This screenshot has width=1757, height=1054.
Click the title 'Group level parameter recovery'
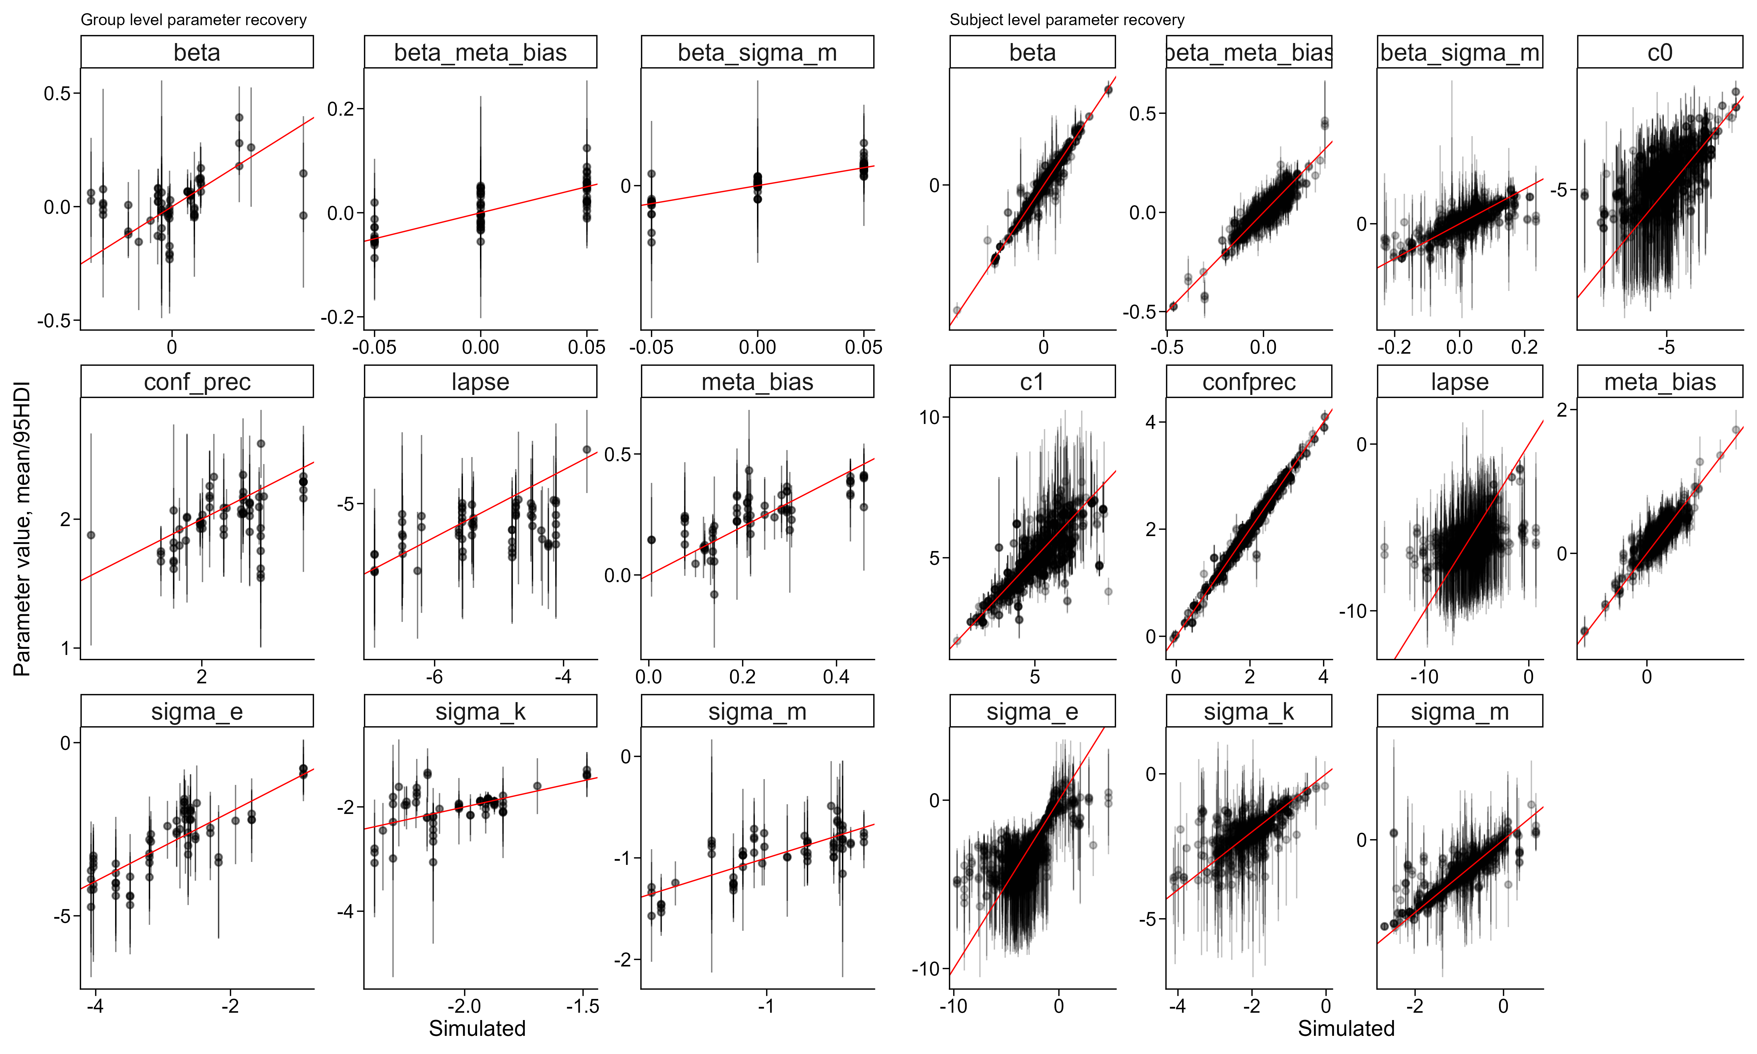[193, 20]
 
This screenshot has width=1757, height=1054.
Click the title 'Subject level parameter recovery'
[1067, 20]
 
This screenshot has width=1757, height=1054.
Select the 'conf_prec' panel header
[197, 382]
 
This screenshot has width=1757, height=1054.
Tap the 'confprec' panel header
[1249, 382]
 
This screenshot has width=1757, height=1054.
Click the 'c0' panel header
[1660, 53]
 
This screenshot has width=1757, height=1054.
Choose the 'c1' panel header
[1032, 382]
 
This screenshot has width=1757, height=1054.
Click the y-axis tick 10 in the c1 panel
[930, 418]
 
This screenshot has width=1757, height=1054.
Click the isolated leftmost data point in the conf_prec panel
[91, 535]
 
